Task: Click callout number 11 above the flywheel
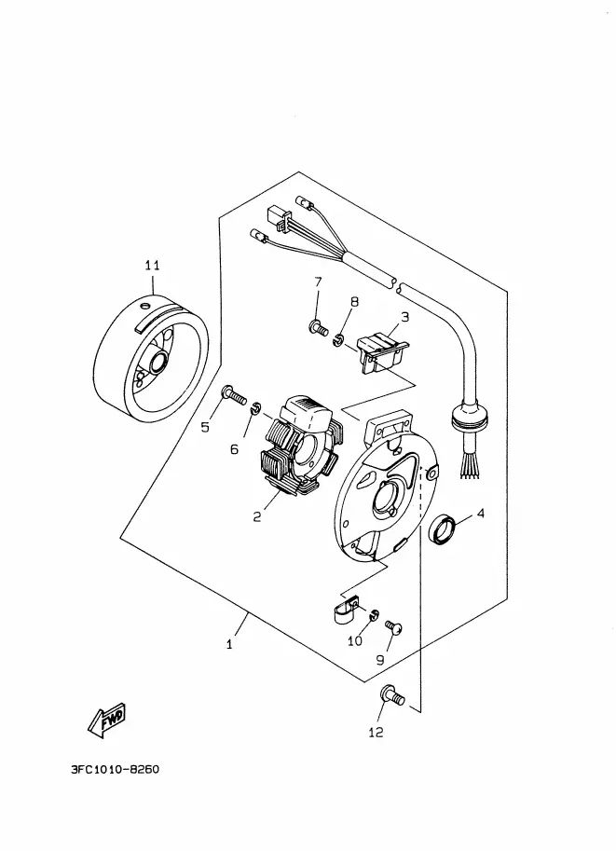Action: pyautogui.click(x=153, y=266)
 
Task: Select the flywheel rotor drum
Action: pyautogui.click(x=151, y=362)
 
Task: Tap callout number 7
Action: pyautogui.click(x=318, y=281)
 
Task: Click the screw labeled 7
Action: pyautogui.click(x=318, y=327)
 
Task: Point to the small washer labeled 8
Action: pyautogui.click(x=338, y=341)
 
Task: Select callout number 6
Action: pyautogui.click(x=234, y=449)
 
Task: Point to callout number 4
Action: pyautogui.click(x=480, y=513)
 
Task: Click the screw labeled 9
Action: pyautogui.click(x=394, y=627)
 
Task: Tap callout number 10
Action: pyautogui.click(x=354, y=641)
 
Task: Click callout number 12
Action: pyautogui.click(x=376, y=732)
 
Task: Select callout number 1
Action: pyautogui.click(x=229, y=644)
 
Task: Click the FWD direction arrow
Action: pyautogui.click(x=106, y=721)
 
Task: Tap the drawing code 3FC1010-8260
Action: pyautogui.click(x=115, y=769)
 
